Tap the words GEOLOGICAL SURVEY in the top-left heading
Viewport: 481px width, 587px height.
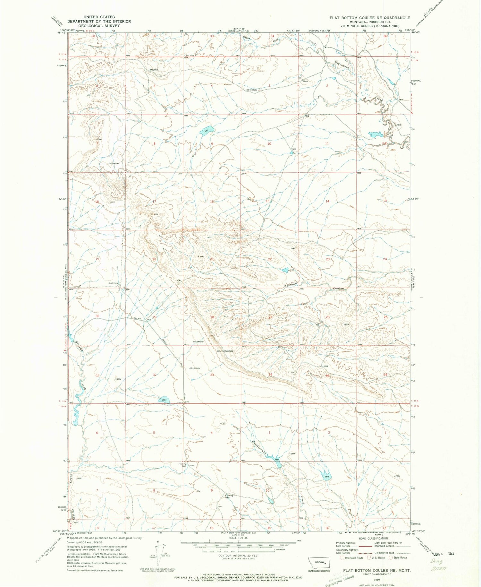click(x=99, y=26)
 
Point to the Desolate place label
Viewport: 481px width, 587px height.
click(x=229, y=351)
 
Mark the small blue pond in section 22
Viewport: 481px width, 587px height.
click(x=285, y=270)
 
